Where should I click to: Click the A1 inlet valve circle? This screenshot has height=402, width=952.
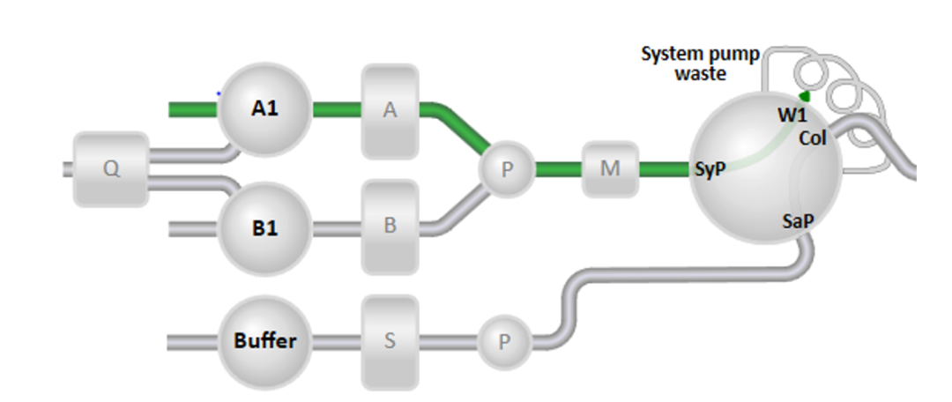pos(264,109)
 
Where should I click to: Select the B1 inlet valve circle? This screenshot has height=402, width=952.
pos(264,227)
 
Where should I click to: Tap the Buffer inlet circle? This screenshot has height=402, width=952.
pos(264,340)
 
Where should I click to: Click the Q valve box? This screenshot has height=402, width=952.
pos(111,169)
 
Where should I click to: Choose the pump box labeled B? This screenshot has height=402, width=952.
pos(390,226)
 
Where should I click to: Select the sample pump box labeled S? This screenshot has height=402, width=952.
pos(390,341)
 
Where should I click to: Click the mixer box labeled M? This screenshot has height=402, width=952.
pos(610,168)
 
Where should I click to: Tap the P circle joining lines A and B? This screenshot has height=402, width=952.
pos(507,168)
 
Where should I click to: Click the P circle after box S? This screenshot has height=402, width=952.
pos(505,342)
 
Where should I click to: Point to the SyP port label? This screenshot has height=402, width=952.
pos(710,169)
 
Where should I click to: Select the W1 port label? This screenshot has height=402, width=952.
pos(791,114)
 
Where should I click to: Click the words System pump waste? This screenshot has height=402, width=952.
pos(700,63)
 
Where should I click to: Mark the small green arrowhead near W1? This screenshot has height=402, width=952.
pos(803,95)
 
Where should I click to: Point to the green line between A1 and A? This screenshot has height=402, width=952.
pos(336,109)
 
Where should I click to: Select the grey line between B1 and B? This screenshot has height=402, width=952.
pos(336,227)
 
